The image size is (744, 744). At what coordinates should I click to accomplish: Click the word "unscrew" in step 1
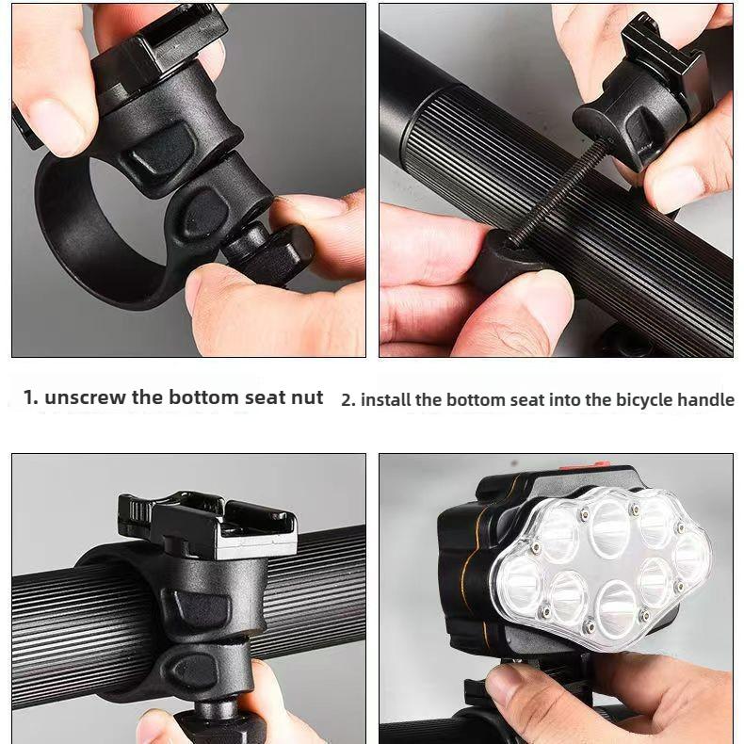tap(85, 397)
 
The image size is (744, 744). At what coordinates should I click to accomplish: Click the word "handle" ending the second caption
tap(708, 399)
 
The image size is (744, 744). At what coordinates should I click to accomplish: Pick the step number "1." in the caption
tap(31, 397)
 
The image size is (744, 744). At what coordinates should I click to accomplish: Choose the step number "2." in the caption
tap(348, 399)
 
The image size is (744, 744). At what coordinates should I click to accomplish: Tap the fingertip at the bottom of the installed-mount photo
tap(160, 727)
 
